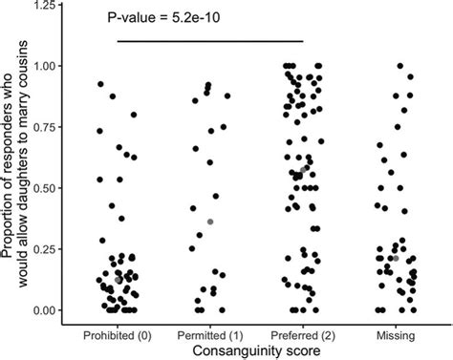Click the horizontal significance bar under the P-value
pos(210,41)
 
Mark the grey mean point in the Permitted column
pos(210,222)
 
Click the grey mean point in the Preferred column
pos(304,169)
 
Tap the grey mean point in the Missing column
pos(395,258)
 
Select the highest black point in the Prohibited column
pos(100,85)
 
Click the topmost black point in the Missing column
pos(400,66)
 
